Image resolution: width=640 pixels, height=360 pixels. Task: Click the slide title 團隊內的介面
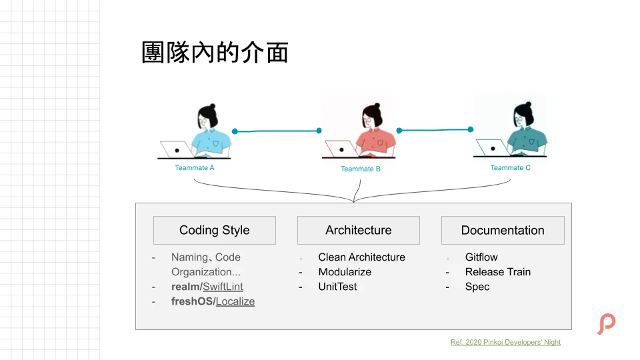click(x=215, y=53)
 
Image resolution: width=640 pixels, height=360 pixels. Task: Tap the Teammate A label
click(x=195, y=168)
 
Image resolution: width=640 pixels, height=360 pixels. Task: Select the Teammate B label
click(x=361, y=169)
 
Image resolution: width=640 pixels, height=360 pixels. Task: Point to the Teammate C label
click(x=511, y=168)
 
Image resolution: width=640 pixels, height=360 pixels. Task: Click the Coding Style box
click(x=214, y=230)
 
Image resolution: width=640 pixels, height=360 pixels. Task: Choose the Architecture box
click(x=359, y=230)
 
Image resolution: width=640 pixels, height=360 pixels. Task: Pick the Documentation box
click(x=503, y=230)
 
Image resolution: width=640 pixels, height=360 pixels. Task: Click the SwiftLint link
click(x=223, y=287)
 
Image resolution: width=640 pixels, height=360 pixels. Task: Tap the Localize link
click(x=235, y=301)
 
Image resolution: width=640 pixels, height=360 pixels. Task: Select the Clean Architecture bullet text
click(x=361, y=257)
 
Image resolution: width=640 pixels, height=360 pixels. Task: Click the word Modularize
click(x=345, y=272)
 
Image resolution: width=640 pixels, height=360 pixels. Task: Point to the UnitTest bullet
click(x=337, y=287)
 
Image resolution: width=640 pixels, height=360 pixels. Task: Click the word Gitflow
click(x=481, y=257)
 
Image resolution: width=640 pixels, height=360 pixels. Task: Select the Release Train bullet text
click(x=498, y=272)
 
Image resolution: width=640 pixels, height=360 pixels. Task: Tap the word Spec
click(x=477, y=287)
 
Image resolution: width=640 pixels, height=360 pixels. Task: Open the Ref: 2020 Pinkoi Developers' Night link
click(x=505, y=342)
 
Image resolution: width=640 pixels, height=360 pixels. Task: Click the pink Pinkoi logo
click(x=606, y=324)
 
